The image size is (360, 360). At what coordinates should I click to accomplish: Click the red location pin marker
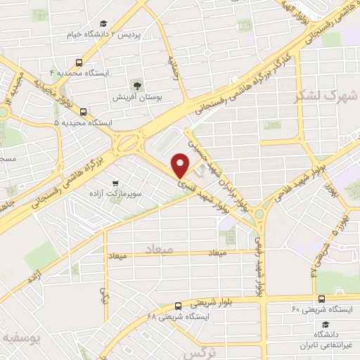(x=181, y=166)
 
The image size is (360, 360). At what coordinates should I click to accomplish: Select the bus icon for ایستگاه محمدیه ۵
(x=84, y=112)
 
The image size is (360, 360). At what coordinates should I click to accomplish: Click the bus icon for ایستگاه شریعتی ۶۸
(x=177, y=306)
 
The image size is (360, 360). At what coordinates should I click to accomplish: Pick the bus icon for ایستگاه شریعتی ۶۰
(x=321, y=299)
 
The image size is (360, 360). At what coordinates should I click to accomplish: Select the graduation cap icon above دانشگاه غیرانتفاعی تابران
(x=326, y=324)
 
